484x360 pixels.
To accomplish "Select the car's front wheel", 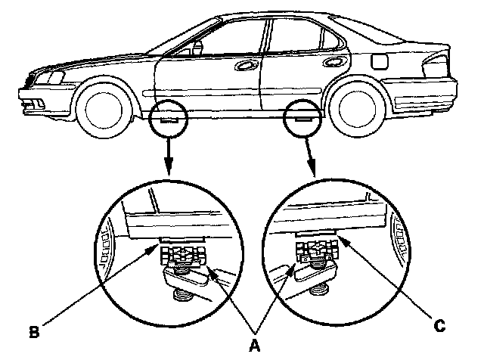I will pyautogui.click(x=104, y=107).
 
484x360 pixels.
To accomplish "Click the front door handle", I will pyautogui.click(x=247, y=66).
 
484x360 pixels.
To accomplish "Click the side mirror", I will pyautogui.click(x=198, y=48).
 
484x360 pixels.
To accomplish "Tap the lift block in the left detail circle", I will pyautogui.click(x=183, y=255).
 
